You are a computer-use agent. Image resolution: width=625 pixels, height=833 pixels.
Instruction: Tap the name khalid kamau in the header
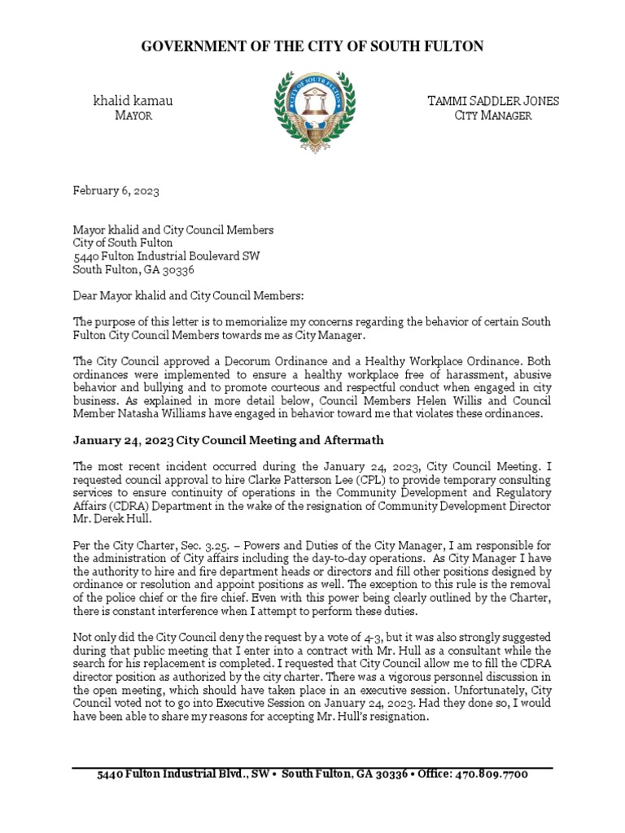pyautogui.click(x=133, y=101)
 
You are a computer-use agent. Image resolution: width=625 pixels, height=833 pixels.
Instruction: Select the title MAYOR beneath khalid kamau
pyautogui.click(x=133, y=116)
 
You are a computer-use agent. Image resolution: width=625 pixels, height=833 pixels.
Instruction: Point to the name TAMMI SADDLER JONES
pyautogui.click(x=493, y=101)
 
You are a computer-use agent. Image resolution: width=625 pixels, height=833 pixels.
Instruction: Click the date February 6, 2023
pyautogui.click(x=116, y=191)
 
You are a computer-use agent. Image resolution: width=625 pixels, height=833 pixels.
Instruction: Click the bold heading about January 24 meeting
pyautogui.click(x=228, y=440)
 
